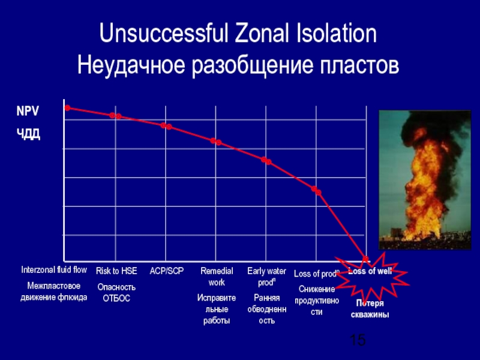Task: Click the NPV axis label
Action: pyautogui.click(x=28, y=112)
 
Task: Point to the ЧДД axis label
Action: pyautogui.click(x=28, y=133)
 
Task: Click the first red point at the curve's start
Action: pyautogui.click(x=67, y=108)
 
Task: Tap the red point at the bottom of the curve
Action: pyautogui.click(x=365, y=259)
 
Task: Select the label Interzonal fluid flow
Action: pyautogui.click(x=54, y=270)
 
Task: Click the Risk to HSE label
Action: pyautogui.click(x=116, y=271)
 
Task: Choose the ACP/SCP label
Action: pyautogui.click(x=166, y=271)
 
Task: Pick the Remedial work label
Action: pyautogui.click(x=217, y=277)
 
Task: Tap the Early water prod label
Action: pyautogui.click(x=266, y=277)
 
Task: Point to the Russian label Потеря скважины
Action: pyautogui.click(x=370, y=309)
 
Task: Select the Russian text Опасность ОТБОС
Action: pyautogui.click(x=116, y=292)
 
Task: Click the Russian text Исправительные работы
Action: pyautogui.click(x=217, y=309)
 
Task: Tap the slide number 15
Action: pyautogui.click(x=358, y=341)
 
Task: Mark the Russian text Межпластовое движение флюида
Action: pyautogui.click(x=54, y=291)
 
